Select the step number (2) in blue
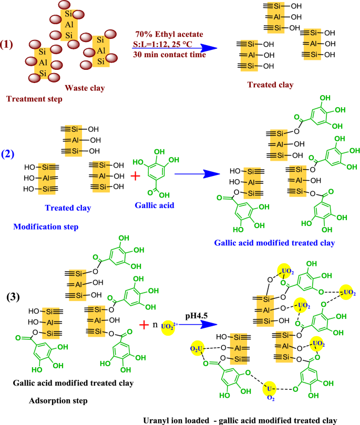11,156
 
